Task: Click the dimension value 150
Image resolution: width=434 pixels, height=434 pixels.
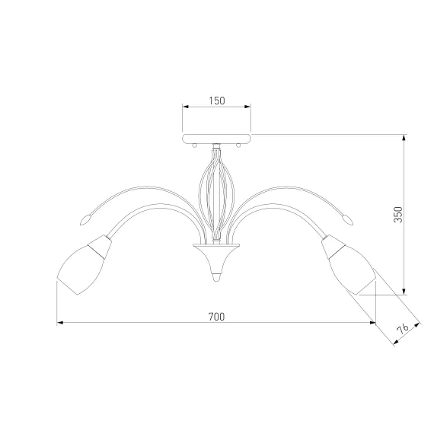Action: tap(217, 101)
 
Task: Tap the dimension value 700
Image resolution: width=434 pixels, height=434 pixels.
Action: tap(216, 317)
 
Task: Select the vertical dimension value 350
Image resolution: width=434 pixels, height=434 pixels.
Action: tap(398, 215)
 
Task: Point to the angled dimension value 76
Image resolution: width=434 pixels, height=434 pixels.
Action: tap(403, 329)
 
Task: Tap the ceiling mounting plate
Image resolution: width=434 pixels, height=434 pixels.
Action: tap(217, 139)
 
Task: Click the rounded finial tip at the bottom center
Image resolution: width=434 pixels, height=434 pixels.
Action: tap(216, 277)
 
